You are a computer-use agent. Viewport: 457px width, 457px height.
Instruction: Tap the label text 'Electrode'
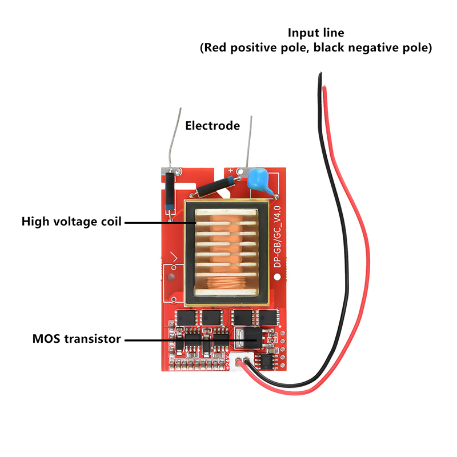pos(213,125)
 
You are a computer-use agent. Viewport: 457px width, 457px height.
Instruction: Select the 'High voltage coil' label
pos(71,221)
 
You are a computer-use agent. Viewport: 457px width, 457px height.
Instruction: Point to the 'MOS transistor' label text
pos(77,339)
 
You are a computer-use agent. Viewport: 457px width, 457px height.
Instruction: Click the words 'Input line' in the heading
pos(316,33)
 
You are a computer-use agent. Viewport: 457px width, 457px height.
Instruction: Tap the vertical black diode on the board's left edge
pos(170,193)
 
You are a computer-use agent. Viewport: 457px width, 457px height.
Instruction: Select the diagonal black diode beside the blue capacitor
pos(215,185)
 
